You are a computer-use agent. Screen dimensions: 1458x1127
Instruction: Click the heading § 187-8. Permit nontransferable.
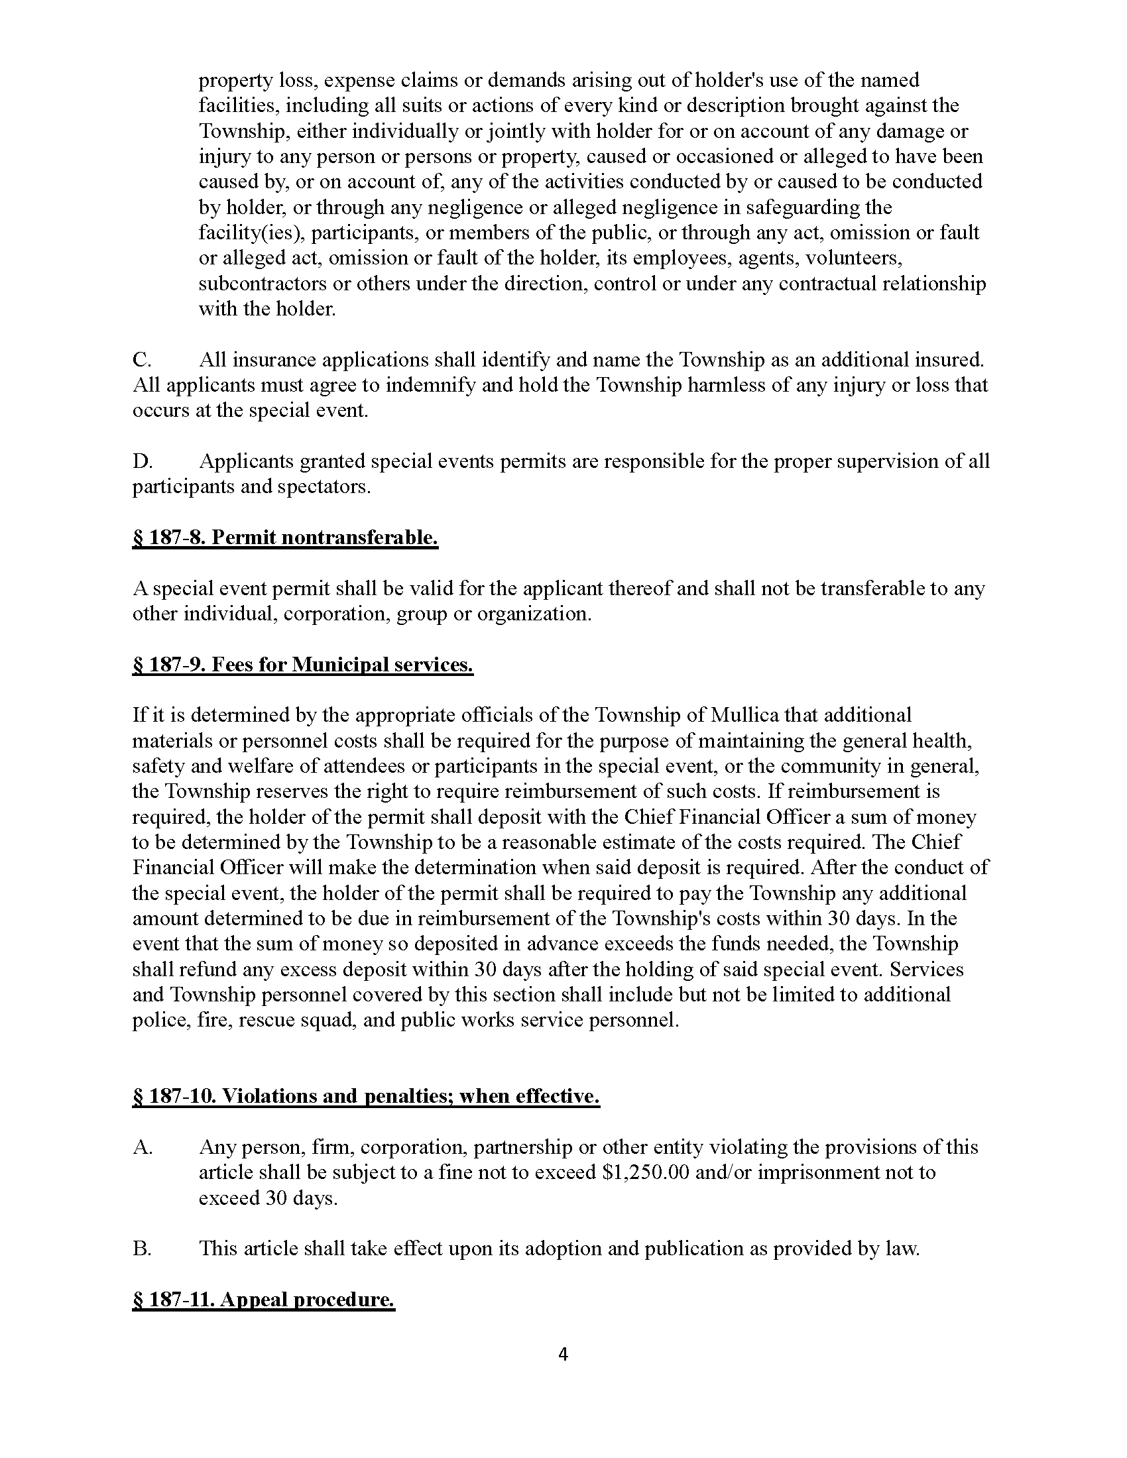pyautogui.click(x=285, y=537)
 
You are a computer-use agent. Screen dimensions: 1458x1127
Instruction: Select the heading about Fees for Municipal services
pyautogui.click(x=302, y=664)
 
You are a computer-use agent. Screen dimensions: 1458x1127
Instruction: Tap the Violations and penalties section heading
pyautogui.click(x=366, y=1096)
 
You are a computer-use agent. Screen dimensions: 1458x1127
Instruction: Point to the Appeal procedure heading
pyautogui.click(x=264, y=1300)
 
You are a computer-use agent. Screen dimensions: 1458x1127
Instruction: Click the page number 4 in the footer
pyautogui.click(x=563, y=1354)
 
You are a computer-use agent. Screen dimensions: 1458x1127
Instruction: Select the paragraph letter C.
pyautogui.click(x=142, y=360)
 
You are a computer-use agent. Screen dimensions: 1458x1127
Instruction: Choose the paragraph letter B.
pyautogui.click(x=142, y=1249)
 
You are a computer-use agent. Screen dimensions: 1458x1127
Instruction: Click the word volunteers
pyautogui.click(x=855, y=258)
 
